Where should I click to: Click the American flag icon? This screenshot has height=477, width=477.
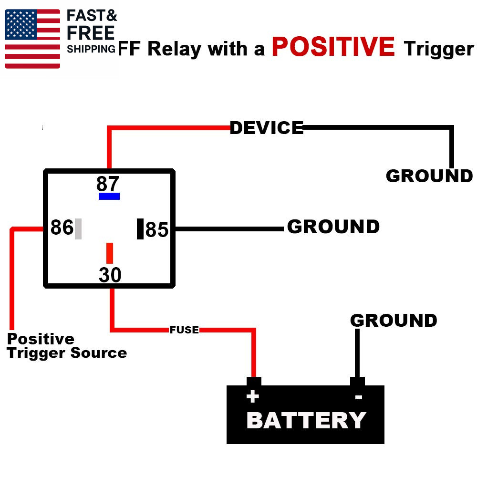pos(32,38)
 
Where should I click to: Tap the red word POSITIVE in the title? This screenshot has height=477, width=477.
pos(333,47)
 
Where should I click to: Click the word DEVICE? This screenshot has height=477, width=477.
pos(267,128)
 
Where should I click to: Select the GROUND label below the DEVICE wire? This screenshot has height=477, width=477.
pos(429,176)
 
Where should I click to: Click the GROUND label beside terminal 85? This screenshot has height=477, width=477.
pos(333,227)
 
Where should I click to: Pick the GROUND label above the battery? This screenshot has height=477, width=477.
pos(394,320)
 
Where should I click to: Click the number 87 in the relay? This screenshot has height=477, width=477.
pos(108,184)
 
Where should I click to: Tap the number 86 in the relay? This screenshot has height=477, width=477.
pos(62,228)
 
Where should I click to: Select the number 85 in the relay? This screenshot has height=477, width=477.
pos(157,230)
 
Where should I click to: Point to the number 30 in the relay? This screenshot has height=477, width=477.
pos(110,275)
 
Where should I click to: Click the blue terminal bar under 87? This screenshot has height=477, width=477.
pos(109,196)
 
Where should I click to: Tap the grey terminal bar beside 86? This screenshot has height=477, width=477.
pos(78,228)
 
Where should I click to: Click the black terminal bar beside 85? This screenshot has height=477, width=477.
pos(140,228)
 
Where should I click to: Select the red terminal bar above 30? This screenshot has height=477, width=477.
pos(110,253)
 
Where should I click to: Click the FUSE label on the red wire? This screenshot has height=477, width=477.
pos(184,330)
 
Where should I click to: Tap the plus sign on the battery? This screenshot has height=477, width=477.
pos(252,396)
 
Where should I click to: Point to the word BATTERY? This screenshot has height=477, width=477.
pos(306,420)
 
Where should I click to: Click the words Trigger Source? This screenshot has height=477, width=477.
pos(67,353)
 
